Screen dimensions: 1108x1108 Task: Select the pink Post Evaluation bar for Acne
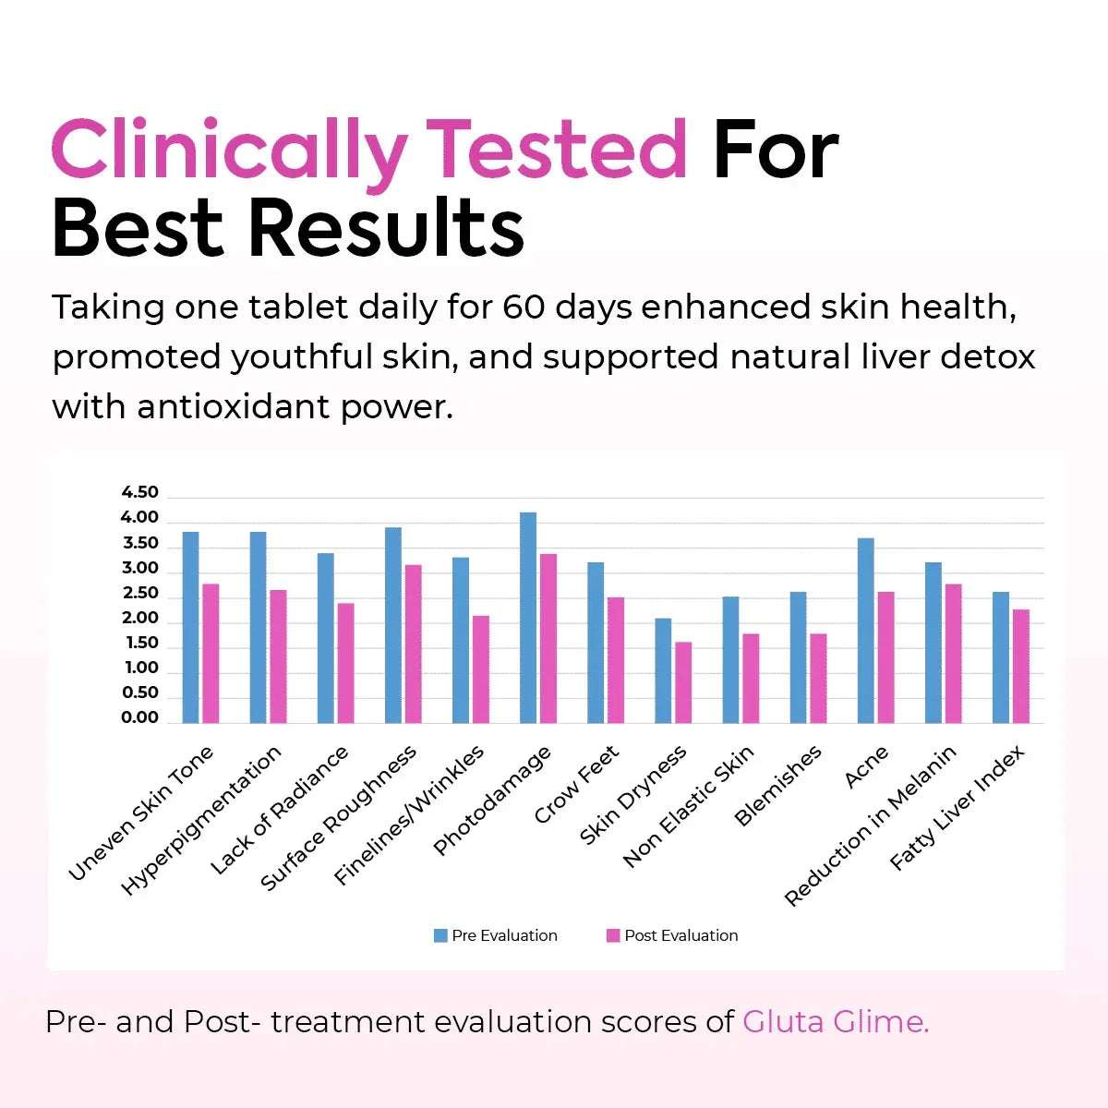[885, 656]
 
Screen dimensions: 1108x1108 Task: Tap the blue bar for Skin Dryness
[663, 670]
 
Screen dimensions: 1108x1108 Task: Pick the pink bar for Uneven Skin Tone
[211, 653]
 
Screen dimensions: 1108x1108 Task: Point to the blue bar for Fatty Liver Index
[1001, 656]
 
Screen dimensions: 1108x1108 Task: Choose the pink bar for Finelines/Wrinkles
[480, 668]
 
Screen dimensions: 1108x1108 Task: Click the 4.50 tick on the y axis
[140, 492]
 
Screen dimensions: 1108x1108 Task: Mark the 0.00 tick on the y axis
[140, 717]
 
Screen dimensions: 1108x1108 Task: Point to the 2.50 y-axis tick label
[140, 593]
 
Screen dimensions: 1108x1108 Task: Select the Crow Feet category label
[577, 785]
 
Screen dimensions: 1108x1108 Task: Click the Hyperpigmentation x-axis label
[202, 821]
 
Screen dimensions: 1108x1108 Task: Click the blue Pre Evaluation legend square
[440, 935]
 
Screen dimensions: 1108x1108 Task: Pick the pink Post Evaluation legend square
[613, 935]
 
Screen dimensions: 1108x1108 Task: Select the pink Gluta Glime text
[836, 1022]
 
